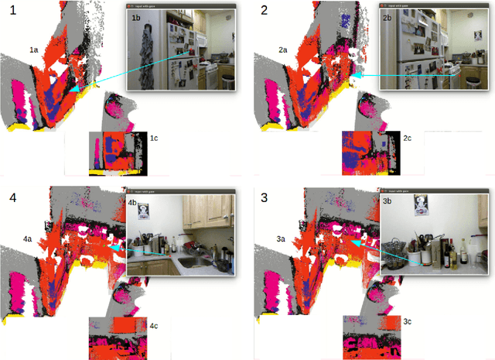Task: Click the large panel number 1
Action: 10,11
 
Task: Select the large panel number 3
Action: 265,197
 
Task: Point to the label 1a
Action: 34,50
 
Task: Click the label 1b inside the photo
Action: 136,17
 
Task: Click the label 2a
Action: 284,50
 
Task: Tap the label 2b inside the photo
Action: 388,17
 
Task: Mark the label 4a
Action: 28,239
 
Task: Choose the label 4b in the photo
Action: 133,203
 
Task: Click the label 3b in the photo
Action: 387,200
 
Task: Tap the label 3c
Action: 408,321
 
